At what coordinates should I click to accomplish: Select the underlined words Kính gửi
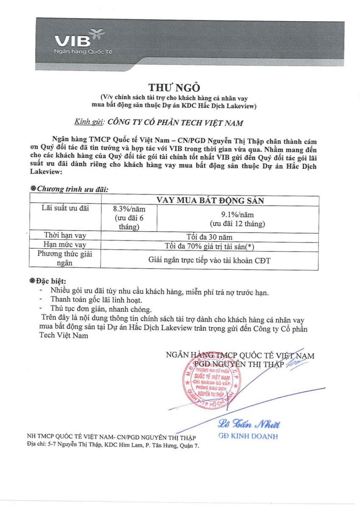tap(89, 122)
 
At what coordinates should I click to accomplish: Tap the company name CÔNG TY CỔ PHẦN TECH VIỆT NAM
tap(175, 123)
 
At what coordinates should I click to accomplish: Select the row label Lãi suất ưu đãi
tap(65, 208)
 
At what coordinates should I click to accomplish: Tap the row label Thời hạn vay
tap(65, 235)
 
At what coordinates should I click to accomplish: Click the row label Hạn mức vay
tap(65, 245)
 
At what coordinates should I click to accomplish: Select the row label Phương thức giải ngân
tap(65, 258)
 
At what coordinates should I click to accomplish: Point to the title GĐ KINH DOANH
tap(248, 436)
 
